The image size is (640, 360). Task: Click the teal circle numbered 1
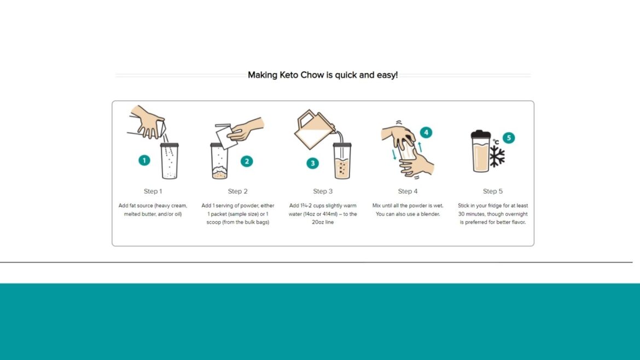(x=144, y=160)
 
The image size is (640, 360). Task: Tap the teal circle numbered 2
(x=247, y=161)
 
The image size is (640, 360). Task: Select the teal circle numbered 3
(x=312, y=162)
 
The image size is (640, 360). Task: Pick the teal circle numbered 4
(x=426, y=132)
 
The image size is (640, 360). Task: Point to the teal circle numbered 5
(x=508, y=138)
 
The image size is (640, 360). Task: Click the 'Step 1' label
(x=153, y=191)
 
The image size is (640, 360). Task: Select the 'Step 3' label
(x=323, y=191)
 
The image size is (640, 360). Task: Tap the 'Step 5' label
(x=493, y=191)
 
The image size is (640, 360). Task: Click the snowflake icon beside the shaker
(x=497, y=156)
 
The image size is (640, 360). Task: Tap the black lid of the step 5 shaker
(x=481, y=133)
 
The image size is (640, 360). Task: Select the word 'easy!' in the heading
(x=386, y=75)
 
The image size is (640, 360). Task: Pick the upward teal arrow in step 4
(x=420, y=147)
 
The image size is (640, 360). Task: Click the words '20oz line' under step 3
(x=323, y=223)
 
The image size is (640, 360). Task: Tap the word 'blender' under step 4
(x=429, y=214)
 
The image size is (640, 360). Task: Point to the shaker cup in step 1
(x=170, y=161)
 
